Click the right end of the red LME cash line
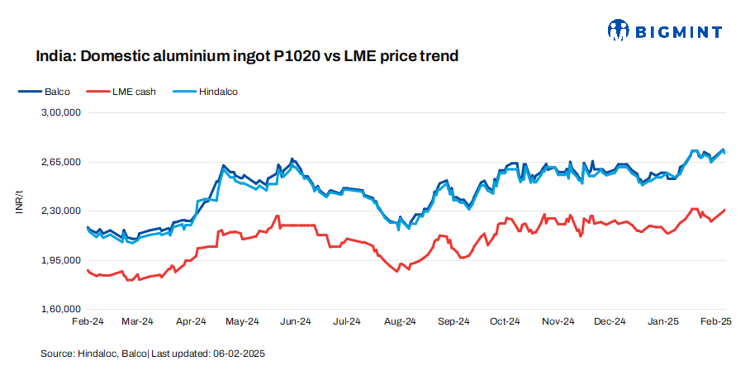pos(725,210)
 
